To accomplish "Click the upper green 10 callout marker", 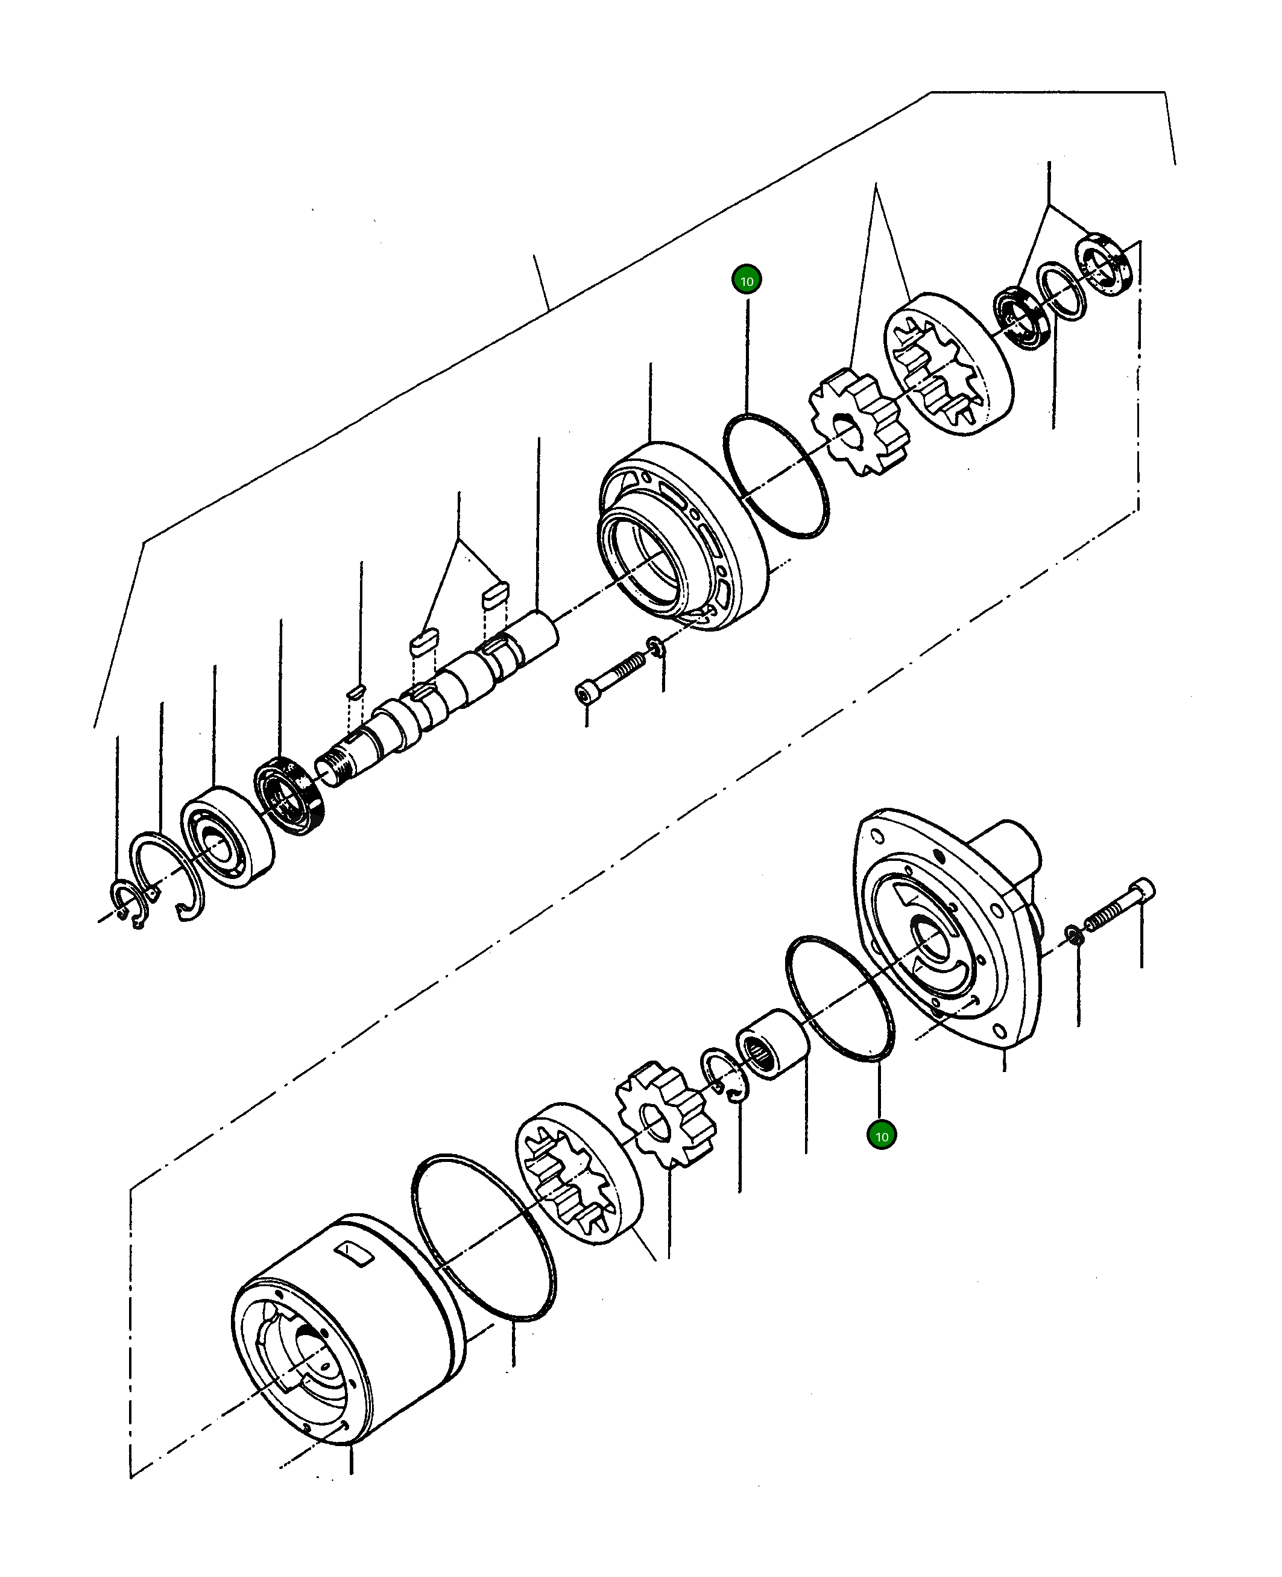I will click(x=747, y=281).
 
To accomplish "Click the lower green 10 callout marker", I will click(x=882, y=1135).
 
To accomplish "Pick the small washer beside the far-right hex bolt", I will click(x=1074, y=936).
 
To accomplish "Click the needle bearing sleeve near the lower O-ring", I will click(x=773, y=1044).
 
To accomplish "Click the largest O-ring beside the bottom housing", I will click(x=483, y=1238).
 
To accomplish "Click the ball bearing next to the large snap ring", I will click(x=227, y=836).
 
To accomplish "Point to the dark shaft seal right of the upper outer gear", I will click(x=1022, y=319).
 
